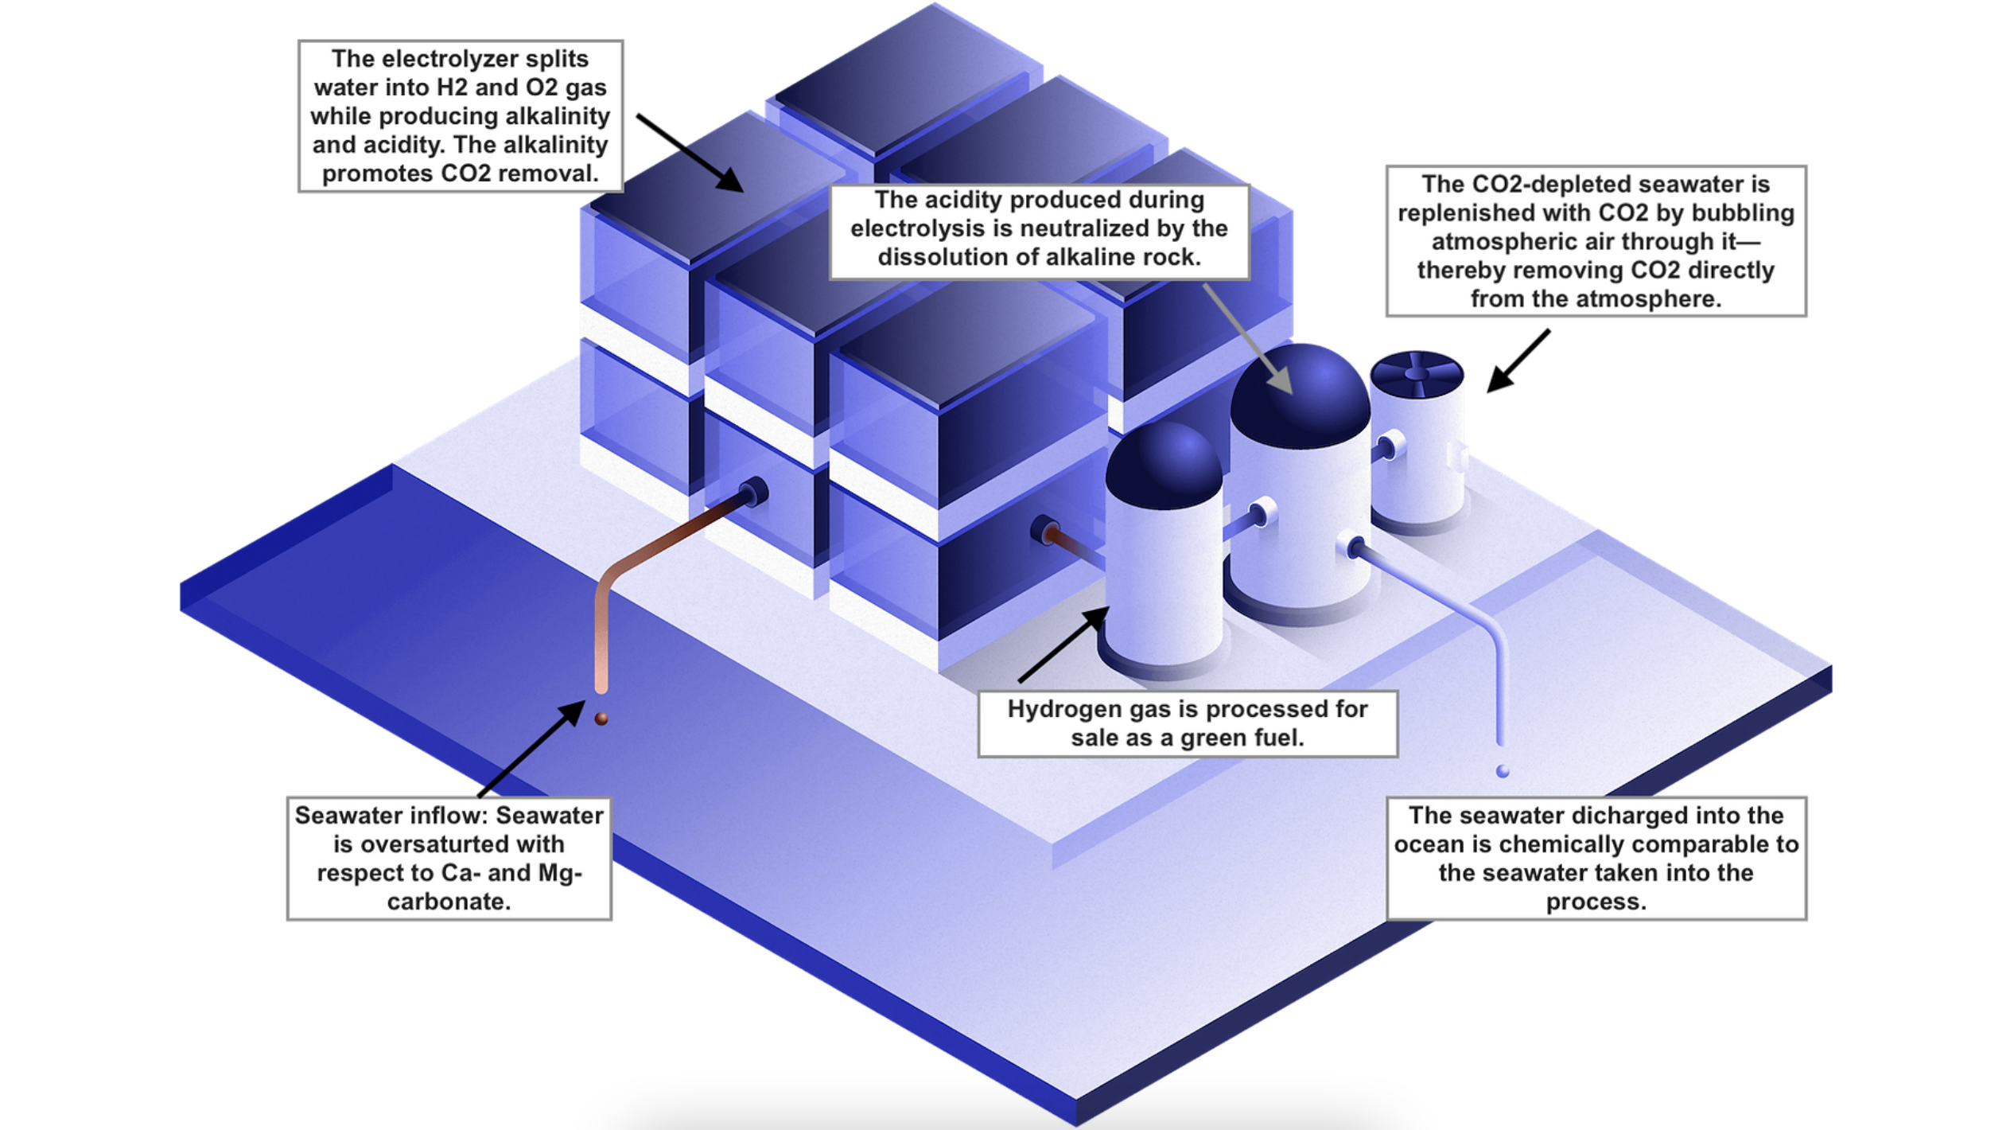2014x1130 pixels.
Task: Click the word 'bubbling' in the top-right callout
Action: [1747, 213]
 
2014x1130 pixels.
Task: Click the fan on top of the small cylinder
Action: [1416, 373]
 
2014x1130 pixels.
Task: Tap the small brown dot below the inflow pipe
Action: [601, 719]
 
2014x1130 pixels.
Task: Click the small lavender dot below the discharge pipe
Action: [1503, 771]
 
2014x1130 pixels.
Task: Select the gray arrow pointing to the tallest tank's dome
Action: [1249, 338]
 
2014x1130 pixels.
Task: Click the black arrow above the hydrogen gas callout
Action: [1063, 644]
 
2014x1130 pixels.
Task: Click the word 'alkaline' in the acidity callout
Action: [1089, 257]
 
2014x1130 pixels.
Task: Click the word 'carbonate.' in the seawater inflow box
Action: [449, 902]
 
